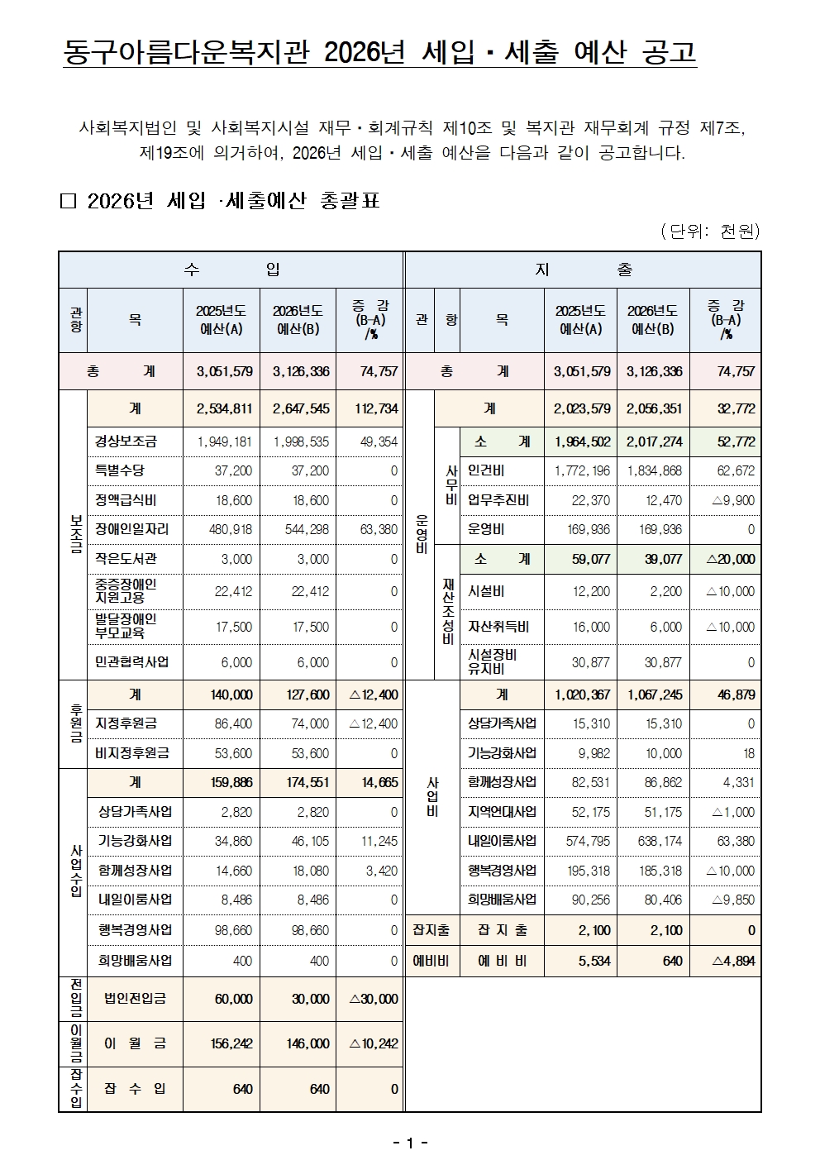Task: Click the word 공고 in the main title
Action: point(668,52)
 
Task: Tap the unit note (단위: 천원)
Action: point(710,232)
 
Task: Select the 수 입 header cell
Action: point(231,270)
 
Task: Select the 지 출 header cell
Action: point(583,270)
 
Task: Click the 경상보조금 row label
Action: point(126,442)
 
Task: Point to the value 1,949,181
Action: point(224,442)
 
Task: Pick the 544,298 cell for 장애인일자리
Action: point(301,529)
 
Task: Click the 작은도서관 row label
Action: point(126,559)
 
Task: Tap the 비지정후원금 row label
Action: point(132,753)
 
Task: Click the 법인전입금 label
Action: point(135,999)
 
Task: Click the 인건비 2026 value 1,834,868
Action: point(654,470)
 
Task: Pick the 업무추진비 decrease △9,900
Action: point(732,500)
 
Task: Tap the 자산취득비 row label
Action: point(498,627)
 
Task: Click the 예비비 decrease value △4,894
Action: point(733,961)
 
